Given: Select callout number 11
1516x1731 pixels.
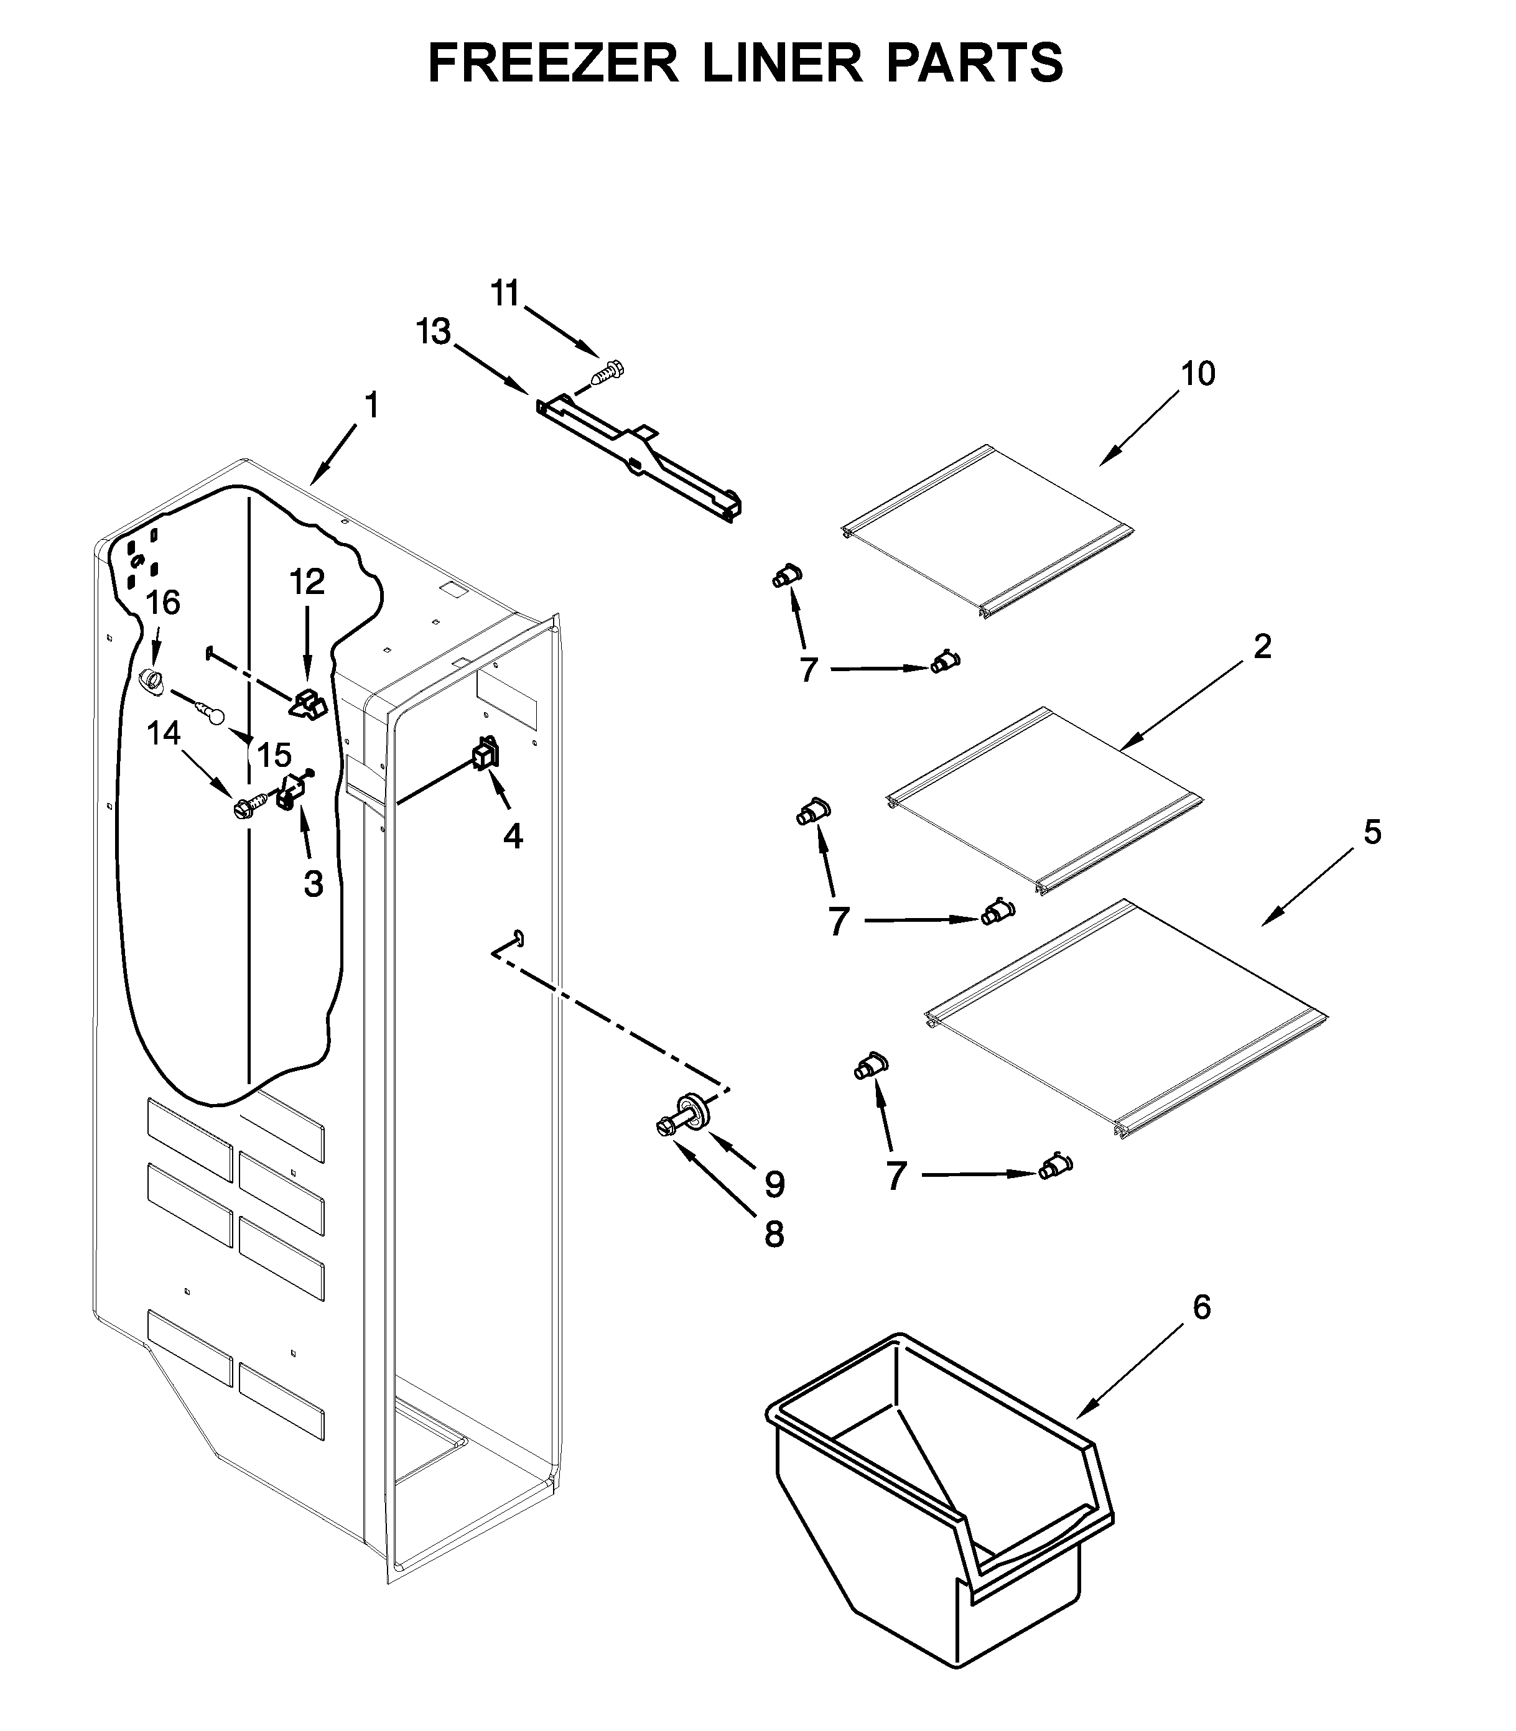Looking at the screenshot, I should [505, 294].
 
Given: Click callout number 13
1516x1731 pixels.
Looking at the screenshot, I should [433, 332].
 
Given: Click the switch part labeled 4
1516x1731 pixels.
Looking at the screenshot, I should [486, 753].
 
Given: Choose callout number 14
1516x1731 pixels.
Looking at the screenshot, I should [163, 733].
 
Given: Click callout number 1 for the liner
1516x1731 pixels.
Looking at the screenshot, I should [371, 406].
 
